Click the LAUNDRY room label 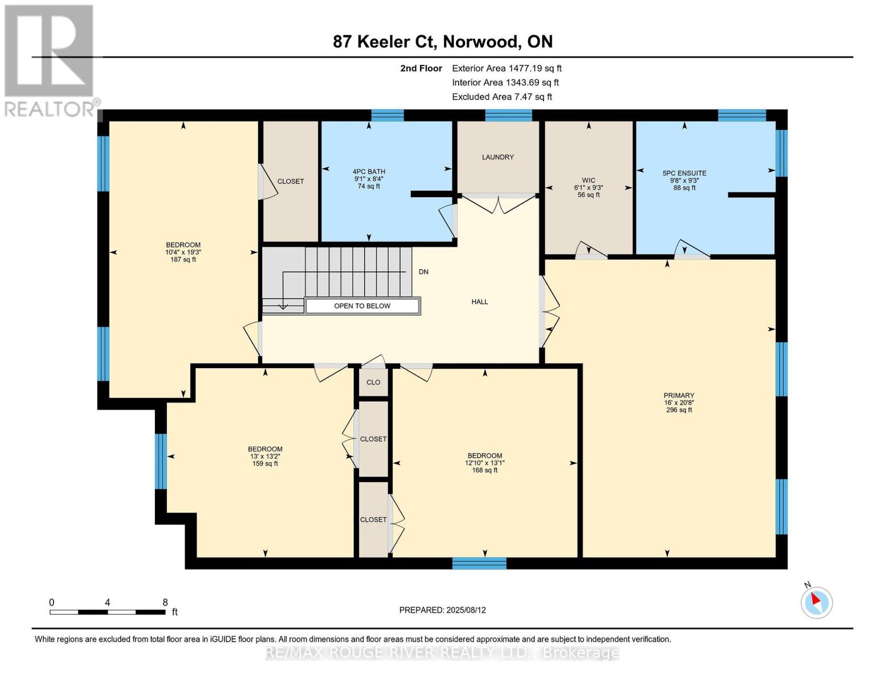(497, 157)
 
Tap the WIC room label (588, 181)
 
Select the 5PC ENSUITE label (684, 173)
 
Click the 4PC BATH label (369, 172)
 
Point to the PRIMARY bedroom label (679, 396)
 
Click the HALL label (479, 302)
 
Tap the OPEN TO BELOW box (362, 306)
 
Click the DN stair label (423, 272)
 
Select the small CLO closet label (373, 382)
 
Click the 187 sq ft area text (183, 260)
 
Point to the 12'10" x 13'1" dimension (484, 463)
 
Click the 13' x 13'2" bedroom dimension (265, 456)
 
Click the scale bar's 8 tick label (165, 602)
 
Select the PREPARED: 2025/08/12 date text (442, 610)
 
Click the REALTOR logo (50, 60)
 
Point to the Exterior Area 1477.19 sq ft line (506, 68)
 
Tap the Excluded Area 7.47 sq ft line (501, 97)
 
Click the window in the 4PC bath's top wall (388, 116)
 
